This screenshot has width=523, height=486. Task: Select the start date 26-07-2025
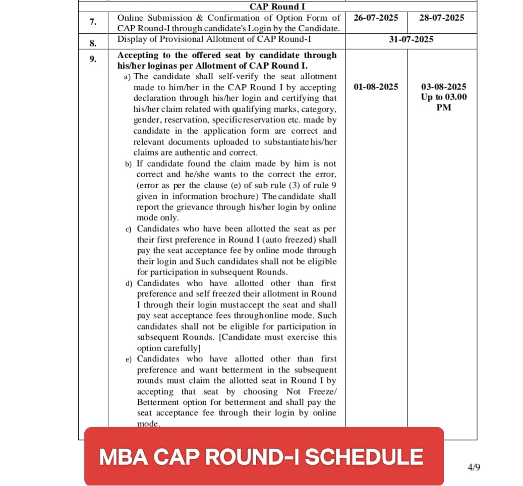click(x=376, y=18)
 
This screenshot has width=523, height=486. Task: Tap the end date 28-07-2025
click(x=441, y=18)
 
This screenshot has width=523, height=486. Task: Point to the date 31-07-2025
click(x=411, y=39)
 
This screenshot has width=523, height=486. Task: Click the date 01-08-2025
click(x=376, y=87)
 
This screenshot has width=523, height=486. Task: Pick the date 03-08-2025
click(x=443, y=87)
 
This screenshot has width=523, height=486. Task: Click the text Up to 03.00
click(x=444, y=97)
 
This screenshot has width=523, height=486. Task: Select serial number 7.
click(x=93, y=22)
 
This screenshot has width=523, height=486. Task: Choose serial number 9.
click(x=93, y=59)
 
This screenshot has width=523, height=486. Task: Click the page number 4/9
click(x=474, y=467)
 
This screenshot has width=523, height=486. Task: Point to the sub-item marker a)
click(x=128, y=77)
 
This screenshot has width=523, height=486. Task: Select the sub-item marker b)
click(x=129, y=164)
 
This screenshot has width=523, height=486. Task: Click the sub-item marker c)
click(x=129, y=229)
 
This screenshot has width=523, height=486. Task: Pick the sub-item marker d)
click(x=129, y=284)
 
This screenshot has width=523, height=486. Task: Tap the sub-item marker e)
click(x=129, y=359)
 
